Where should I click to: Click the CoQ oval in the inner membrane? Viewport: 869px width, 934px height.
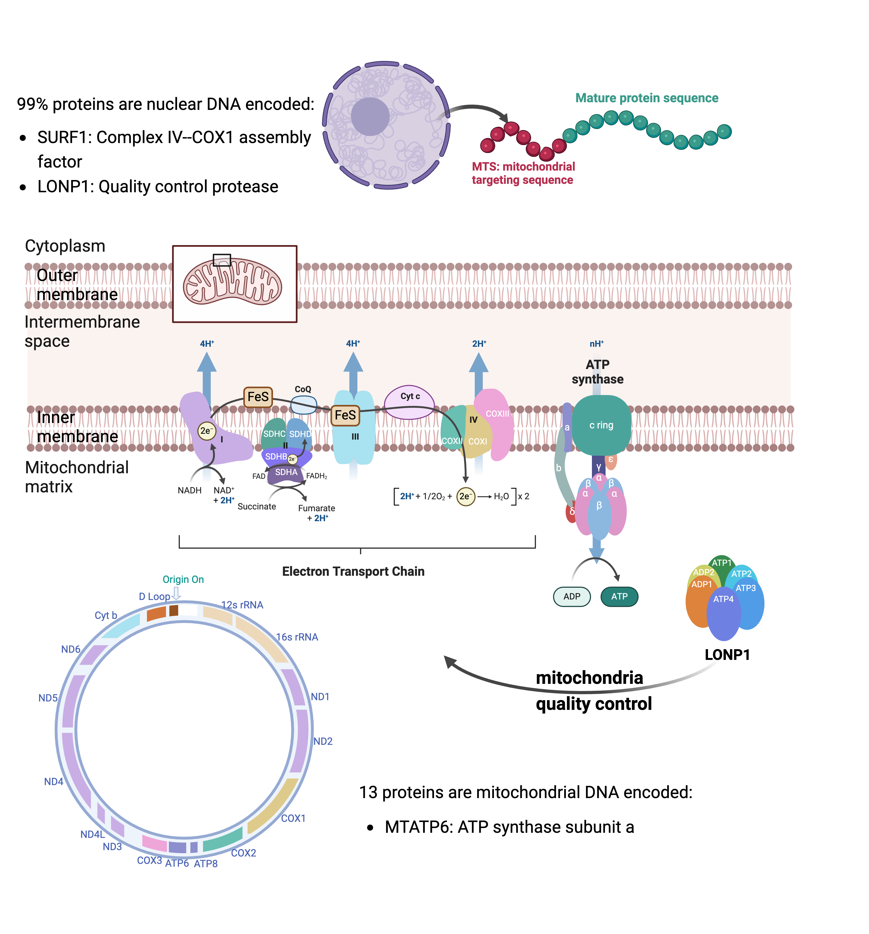[x=304, y=404]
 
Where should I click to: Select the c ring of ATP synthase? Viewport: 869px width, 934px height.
[x=601, y=425]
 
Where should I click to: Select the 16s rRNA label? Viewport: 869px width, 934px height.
[x=297, y=637]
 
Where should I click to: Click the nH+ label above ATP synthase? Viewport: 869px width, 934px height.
[x=597, y=344]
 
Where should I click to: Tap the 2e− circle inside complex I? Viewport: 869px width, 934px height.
[x=206, y=431]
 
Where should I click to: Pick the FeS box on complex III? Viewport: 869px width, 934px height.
[x=345, y=415]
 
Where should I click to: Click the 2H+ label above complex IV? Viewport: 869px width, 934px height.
[x=479, y=344]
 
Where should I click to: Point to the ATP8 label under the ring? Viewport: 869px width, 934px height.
[x=205, y=864]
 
